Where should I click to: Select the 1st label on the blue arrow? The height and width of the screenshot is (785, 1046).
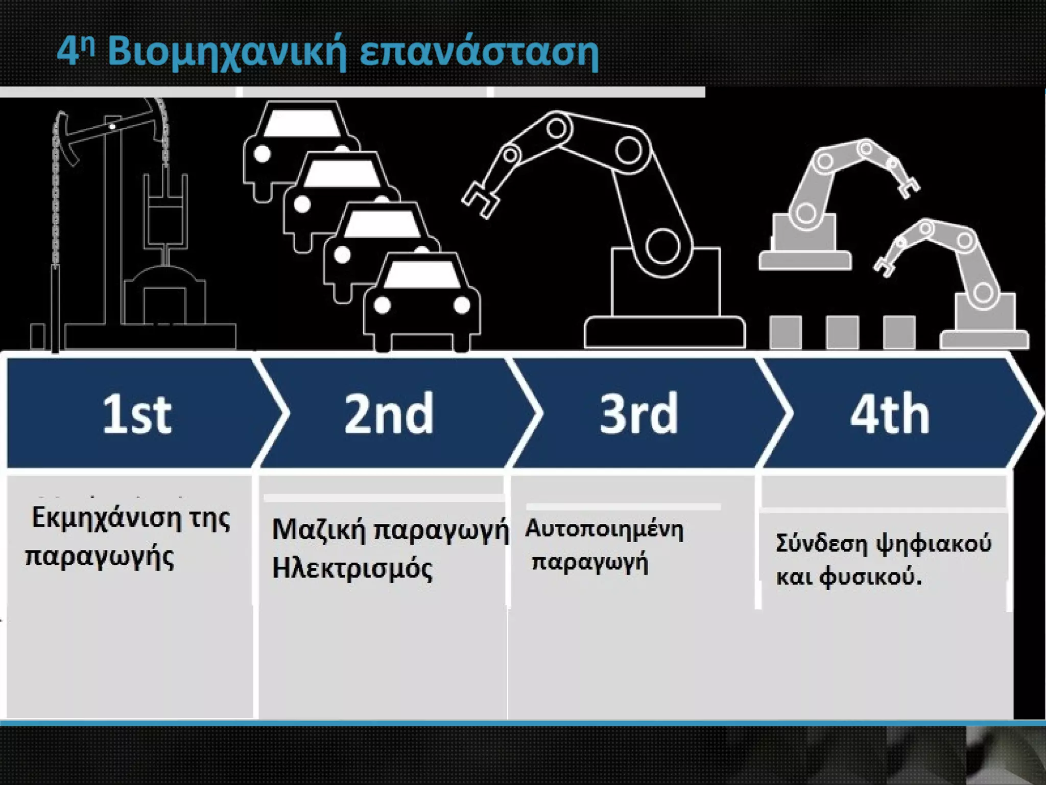pos(137,414)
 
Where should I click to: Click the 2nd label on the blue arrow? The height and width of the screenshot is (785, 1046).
pos(389,414)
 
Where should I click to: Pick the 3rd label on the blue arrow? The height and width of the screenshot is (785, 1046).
pos(638,414)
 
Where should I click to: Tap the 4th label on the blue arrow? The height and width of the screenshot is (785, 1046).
pos(890,414)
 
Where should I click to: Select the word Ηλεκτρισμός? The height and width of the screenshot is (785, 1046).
pos(352,568)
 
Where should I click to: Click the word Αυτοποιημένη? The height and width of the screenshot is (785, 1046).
pos(604,529)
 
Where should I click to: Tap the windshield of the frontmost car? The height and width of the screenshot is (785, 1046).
pos(421,276)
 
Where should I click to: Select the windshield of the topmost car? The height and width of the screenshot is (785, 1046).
pos(302,123)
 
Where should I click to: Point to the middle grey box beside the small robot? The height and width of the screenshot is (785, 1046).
pos(842,332)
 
